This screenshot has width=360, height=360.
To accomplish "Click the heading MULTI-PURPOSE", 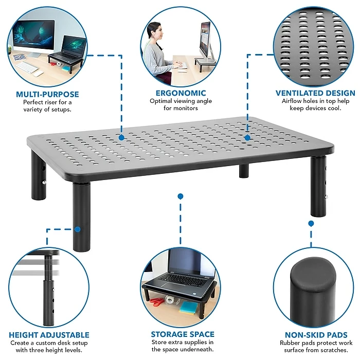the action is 47,94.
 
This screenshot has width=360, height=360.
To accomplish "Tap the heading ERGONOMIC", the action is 181,93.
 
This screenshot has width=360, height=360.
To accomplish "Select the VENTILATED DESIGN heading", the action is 315,93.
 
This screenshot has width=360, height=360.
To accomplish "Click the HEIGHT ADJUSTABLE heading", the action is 49,335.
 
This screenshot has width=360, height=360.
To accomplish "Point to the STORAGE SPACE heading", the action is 183,334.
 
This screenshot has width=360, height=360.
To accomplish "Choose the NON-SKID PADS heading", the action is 316,335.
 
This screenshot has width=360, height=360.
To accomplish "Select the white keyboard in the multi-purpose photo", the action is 27,67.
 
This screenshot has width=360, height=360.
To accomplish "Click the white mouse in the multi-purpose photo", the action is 39,74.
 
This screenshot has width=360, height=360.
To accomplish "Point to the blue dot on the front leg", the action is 78,229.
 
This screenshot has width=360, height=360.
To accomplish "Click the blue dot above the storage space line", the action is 181,196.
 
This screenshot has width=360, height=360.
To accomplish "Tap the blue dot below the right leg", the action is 311,223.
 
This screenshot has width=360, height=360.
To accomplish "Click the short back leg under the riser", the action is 244,171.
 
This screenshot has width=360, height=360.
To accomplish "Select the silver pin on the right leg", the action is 326,197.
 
